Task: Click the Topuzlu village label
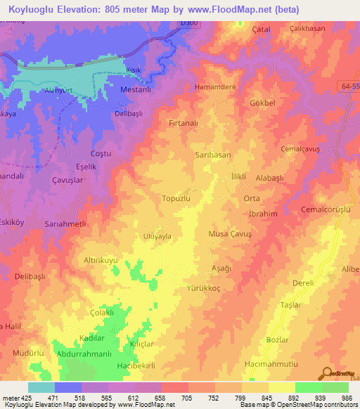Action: point(177,199)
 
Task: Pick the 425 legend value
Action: point(26,398)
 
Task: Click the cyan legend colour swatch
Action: point(41,387)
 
